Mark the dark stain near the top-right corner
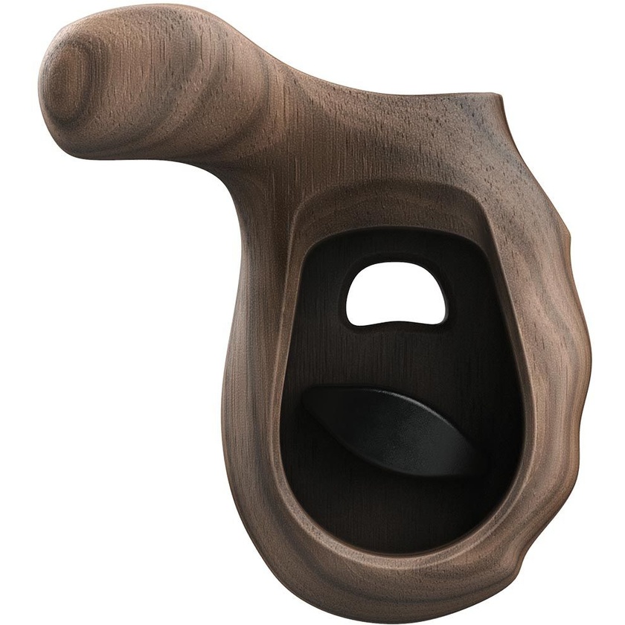tap(476, 119)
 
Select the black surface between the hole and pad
tap(394, 357)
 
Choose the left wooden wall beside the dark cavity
tap(257, 372)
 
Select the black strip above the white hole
tap(394, 246)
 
